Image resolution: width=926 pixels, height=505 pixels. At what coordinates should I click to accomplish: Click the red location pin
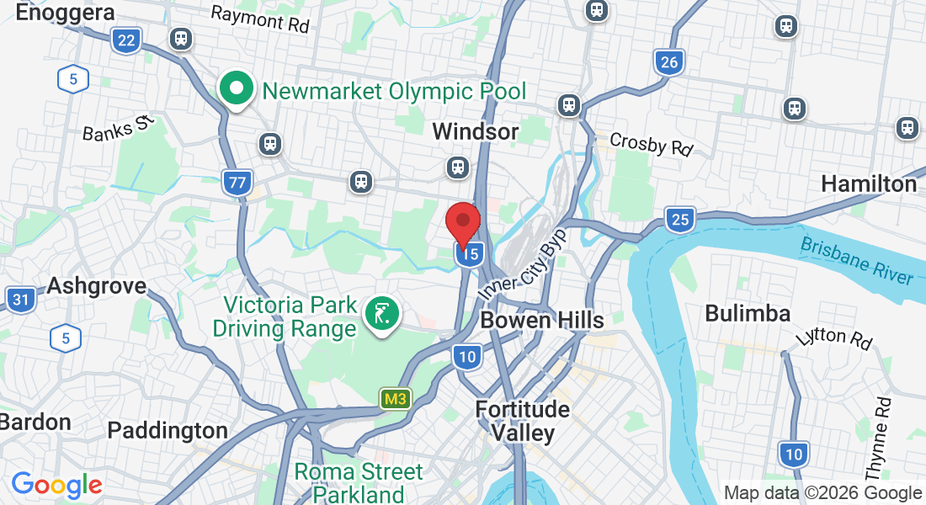(462, 224)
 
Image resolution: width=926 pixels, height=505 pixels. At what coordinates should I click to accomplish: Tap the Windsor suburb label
(475, 132)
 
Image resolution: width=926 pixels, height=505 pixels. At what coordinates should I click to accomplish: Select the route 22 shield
(126, 40)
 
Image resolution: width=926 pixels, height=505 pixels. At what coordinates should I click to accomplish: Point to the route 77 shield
(238, 182)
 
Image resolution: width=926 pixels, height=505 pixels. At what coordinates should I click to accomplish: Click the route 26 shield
(668, 61)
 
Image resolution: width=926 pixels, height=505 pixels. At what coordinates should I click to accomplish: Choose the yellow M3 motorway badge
(393, 399)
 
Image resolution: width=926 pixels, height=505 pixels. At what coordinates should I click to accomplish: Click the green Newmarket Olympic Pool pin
(237, 88)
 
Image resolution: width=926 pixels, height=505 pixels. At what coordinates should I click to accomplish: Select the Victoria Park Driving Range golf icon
(382, 315)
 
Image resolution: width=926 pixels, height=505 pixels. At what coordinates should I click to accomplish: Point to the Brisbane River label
(856, 261)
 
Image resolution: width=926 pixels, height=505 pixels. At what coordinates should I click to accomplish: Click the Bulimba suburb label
(748, 314)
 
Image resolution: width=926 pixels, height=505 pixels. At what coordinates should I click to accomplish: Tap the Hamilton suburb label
(868, 183)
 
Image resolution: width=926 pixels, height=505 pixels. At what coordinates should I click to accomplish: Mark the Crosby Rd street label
(651, 144)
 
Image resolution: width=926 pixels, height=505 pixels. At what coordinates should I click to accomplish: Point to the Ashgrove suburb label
(96, 285)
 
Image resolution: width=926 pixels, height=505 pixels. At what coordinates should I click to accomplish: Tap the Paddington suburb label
(168, 431)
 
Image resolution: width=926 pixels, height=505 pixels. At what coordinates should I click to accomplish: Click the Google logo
(56, 485)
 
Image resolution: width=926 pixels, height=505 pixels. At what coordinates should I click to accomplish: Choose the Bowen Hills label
(541, 320)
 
